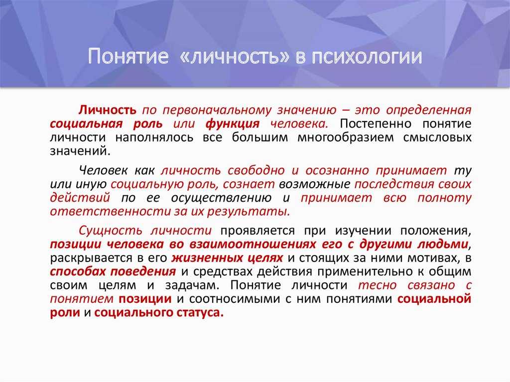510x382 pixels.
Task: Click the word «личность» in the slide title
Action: click(x=234, y=56)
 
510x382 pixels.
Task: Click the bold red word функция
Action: click(x=233, y=124)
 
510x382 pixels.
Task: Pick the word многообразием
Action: click(x=346, y=137)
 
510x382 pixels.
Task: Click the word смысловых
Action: click(x=437, y=137)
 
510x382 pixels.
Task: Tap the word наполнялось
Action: click(x=154, y=137)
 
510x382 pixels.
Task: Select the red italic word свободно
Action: click(x=256, y=170)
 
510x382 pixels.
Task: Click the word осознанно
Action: click(x=337, y=170)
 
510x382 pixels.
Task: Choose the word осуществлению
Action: click(x=221, y=198)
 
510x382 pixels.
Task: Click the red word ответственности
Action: click(x=110, y=212)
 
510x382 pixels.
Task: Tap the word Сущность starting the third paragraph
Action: click(x=110, y=231)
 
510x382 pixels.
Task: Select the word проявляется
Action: click(x=257, y=231)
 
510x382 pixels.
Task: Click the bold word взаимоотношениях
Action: click(x=253, y=244)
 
